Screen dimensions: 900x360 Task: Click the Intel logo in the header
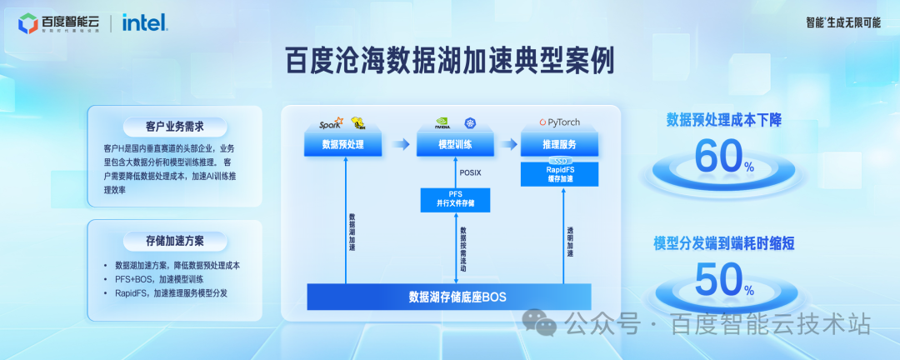(x=144, y=22)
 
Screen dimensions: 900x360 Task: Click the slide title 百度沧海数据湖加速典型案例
(x=449, y=61)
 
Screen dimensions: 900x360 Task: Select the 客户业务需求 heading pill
(x=174, y=127)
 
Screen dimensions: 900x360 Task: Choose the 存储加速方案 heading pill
(x=174, y=242)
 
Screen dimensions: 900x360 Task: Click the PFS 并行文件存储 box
(x=455, y=199)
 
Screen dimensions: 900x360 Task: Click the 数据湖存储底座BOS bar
(x=450, y=297)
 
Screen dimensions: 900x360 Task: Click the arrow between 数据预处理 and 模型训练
(x=400, y=145)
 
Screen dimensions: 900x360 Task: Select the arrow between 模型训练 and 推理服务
(x=507, y=145)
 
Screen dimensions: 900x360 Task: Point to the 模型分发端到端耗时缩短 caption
(x=723, y=244)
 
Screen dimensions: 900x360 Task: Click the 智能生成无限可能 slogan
(x=842, y=22)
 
